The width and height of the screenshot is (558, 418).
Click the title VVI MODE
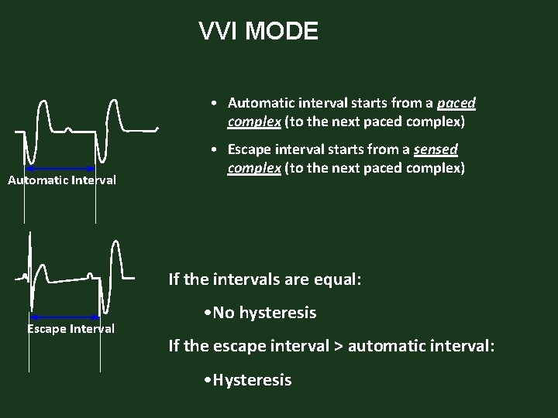[x=258, y=32]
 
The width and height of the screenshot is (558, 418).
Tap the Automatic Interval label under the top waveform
[x=62, y=180]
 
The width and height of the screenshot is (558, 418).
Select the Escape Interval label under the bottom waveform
[x=71, y=329]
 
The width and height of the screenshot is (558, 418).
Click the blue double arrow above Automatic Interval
[x=60, y=168]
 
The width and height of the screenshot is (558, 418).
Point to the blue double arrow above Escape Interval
[x=65, y=317]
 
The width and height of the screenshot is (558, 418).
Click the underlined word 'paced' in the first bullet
[x=456, y=103]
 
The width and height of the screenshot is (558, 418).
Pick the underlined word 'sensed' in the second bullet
[x=436, y=149]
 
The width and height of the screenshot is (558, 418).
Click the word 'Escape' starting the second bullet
[x=250, y=149]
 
